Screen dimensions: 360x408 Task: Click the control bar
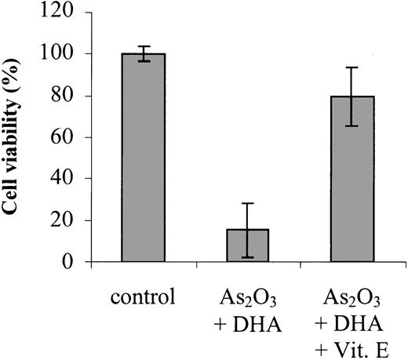tap(143, 158)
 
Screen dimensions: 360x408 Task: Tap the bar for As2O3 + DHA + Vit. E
tap(352, 180)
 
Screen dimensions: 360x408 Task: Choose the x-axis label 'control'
tap(144, 299)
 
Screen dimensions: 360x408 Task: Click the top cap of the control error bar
tap(143, 47)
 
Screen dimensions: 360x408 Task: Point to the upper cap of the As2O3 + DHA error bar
tap(248, 203)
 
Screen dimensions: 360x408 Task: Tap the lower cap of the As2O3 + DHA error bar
tap(248, 257)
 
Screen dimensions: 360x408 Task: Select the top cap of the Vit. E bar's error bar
tap(352, 67)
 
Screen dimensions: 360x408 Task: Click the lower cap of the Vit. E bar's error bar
tap(352, 125)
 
